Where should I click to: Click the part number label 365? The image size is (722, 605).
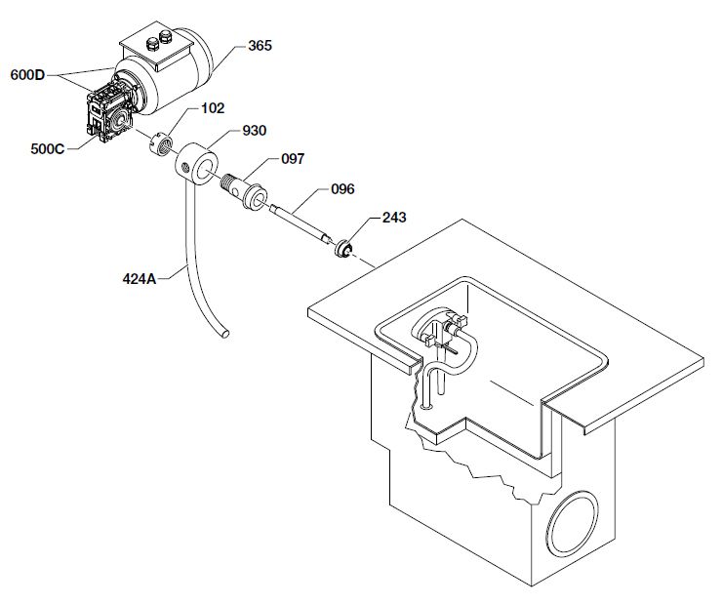(260, 46)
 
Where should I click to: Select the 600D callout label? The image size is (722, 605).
(27, 75)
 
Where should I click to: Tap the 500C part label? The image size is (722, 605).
(48, 149)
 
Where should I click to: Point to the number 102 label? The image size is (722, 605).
(213, 108)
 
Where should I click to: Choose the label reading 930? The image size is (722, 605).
(255, 131)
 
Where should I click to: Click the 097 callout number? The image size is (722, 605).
(293, 159)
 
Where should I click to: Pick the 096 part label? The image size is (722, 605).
(342, 189)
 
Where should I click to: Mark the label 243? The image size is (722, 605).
(394, 217)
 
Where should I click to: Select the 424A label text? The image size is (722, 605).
(140, 279)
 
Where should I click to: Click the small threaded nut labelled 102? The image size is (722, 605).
(161, 144)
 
